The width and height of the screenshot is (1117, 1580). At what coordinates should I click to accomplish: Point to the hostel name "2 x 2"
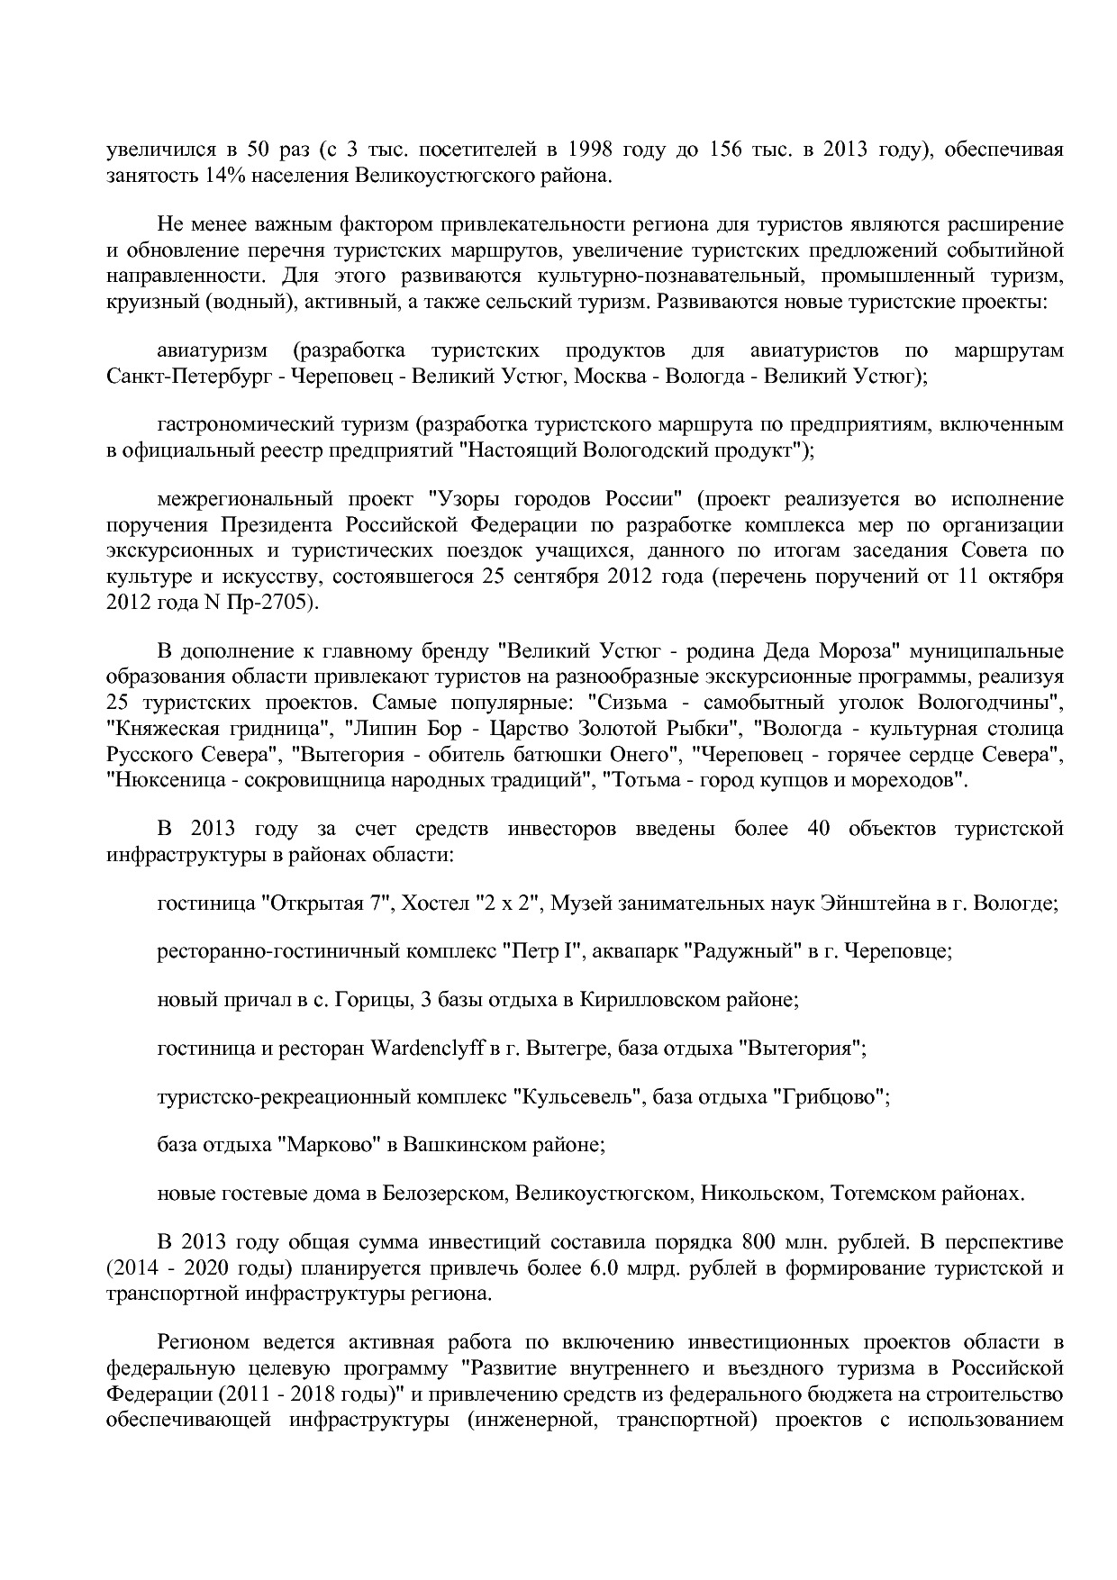click(513, 903)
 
